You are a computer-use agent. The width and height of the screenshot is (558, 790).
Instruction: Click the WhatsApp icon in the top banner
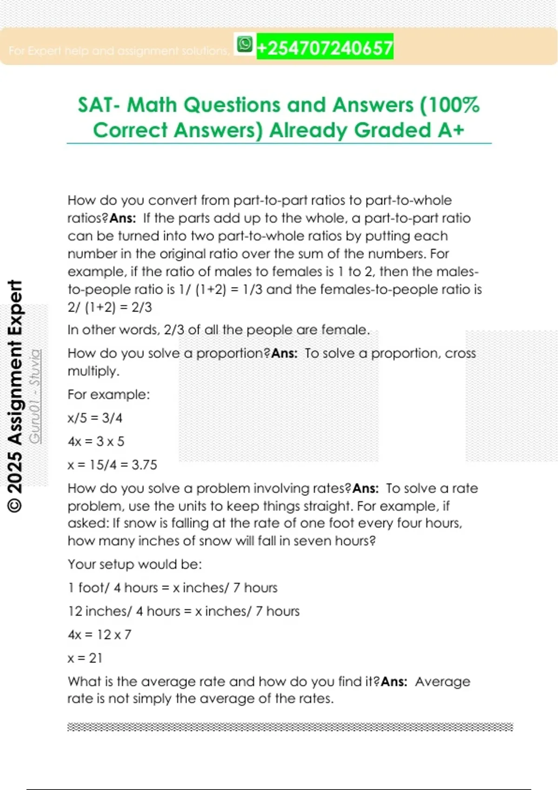click(245, 45)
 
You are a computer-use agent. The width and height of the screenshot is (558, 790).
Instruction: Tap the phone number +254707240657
click(325, 47)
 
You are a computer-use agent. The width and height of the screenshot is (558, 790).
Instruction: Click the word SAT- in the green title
click(100, 105)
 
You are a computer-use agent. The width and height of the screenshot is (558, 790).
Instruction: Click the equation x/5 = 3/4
click(95, 418)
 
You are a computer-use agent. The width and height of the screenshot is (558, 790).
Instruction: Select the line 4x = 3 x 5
click(96, 441)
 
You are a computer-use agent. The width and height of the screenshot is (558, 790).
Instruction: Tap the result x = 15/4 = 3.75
click(113, 465)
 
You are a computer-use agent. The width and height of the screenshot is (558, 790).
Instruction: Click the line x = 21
click(85, 658)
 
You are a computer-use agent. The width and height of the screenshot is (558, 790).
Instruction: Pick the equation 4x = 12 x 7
click(100, 634)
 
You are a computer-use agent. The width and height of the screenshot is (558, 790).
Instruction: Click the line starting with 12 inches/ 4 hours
click(184, 611)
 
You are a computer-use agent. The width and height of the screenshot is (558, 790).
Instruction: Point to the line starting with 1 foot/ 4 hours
click(173, 588)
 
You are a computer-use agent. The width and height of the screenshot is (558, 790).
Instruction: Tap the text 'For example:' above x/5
click(109, 395)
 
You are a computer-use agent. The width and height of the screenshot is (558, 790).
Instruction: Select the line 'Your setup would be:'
click(135, 564)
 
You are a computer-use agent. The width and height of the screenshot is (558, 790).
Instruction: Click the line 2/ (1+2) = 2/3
click(110, 307)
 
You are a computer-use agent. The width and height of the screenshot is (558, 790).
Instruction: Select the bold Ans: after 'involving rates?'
click(365, 488)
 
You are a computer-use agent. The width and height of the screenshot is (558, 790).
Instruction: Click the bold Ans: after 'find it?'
click(394, 682)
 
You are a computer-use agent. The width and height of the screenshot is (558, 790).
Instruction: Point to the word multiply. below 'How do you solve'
click(93, 371)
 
